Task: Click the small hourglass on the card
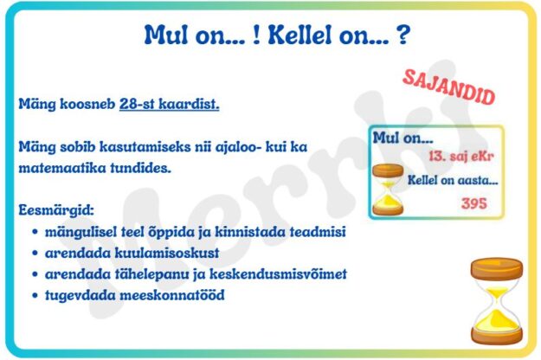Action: point(387,189)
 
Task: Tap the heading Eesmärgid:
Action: point(56,210)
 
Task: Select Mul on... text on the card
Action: point(403,138)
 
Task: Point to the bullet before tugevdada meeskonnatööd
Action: point(33,296)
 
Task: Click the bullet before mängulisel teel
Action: point(33,234)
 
